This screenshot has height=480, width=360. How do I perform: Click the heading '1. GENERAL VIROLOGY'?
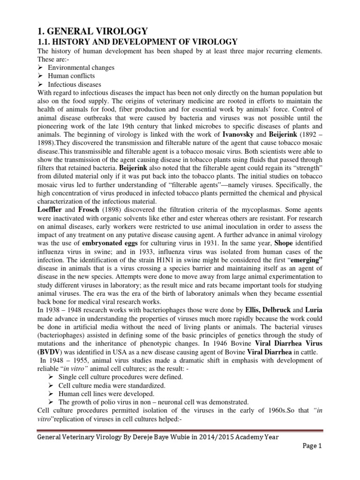92,31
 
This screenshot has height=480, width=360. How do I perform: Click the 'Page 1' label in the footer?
311,447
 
